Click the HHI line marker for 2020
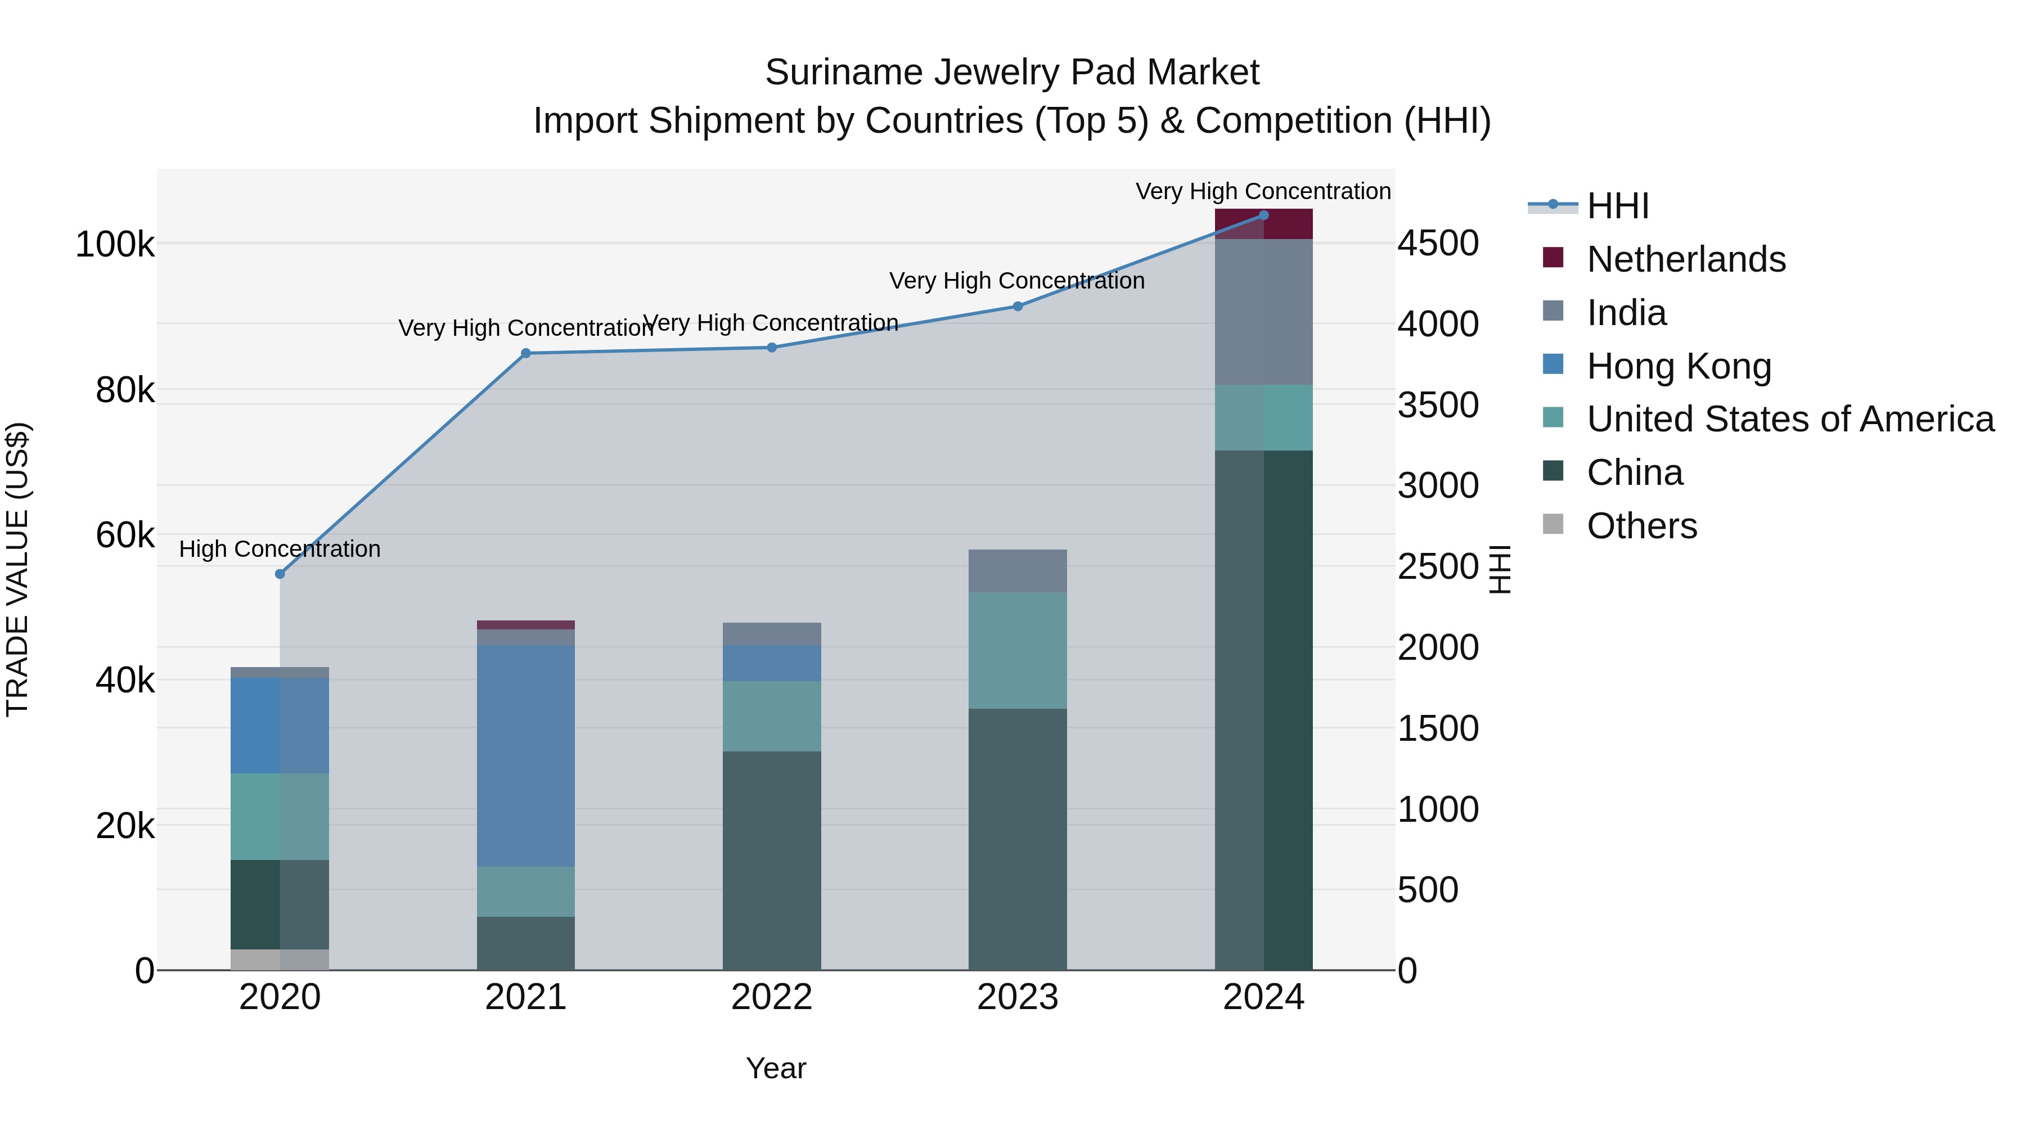pos(280,574)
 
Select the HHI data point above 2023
pos(1017,307)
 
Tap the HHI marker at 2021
pos(526,353)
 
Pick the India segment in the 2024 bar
pos(1263,312)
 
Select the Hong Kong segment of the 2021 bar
pos(526,755)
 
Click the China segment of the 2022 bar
pos(771,860)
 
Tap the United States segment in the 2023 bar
pos(1017,650)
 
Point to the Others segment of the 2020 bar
pos(280,959)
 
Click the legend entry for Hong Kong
pos(1678,366)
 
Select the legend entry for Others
pos(1641,526)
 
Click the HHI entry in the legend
pos(1618,206)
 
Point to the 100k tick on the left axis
pos(115,245)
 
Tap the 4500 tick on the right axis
pos(1438,243)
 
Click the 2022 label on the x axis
pos(771,997)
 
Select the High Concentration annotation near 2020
pos(280,548)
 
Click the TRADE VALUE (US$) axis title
pos(17,569)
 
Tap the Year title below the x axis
pos(776,1068)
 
